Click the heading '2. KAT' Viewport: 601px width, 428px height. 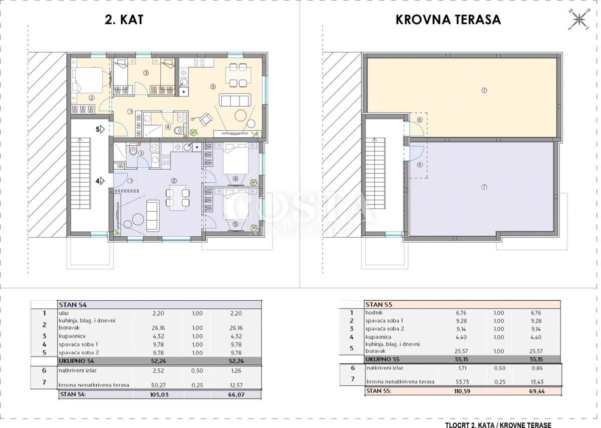[124, 20]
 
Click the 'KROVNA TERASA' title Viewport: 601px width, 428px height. [448, 20]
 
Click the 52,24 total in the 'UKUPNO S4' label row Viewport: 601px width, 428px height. [158, 361]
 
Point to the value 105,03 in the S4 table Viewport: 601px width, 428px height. [159, 395]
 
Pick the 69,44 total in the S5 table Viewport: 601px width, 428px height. [536, 391]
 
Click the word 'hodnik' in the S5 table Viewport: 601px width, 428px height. [374, 313]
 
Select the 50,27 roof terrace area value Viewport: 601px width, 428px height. [158, 385]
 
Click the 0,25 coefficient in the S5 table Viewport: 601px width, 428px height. [499, 382]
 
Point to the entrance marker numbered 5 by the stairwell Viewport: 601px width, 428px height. [100, 130]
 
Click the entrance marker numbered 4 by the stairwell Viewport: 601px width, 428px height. [100, 181]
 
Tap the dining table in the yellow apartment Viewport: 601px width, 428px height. [238, 76]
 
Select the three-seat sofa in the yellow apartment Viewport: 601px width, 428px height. [235, 100]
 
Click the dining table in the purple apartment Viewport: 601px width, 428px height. [178, 198]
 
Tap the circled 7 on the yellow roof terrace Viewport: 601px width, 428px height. [484, 91]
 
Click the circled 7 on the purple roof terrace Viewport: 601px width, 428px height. [484, 187]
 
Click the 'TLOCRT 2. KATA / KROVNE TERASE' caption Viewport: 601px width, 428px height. [498, 425]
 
